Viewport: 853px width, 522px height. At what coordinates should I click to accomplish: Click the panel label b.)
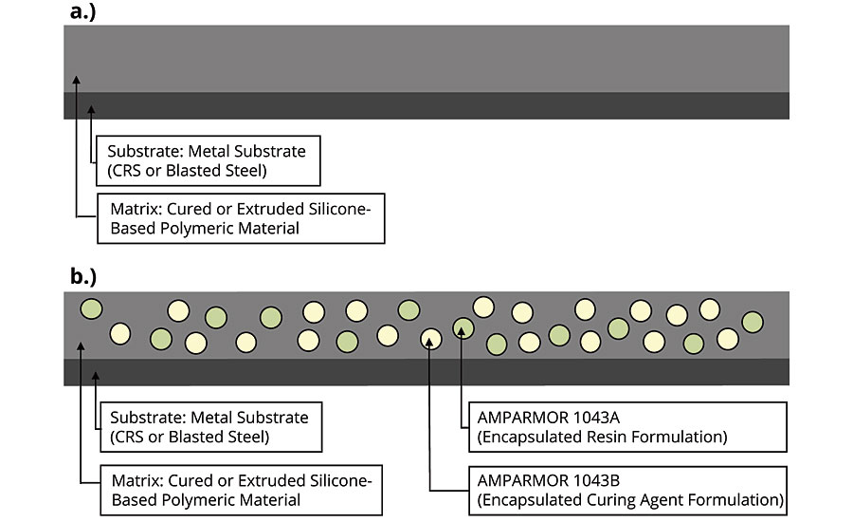(x=87, y=278)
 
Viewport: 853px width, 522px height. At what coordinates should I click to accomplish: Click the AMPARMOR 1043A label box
(x=623, y=427)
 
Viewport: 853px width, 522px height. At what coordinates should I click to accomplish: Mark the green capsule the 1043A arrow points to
(x=463, y=327)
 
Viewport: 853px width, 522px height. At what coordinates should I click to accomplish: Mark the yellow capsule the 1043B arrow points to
(x=430, y=338)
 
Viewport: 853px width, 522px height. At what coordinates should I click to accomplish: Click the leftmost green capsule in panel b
(x=91, y=308)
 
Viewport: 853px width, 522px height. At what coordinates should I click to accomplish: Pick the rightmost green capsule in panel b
(x=753, y=322)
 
